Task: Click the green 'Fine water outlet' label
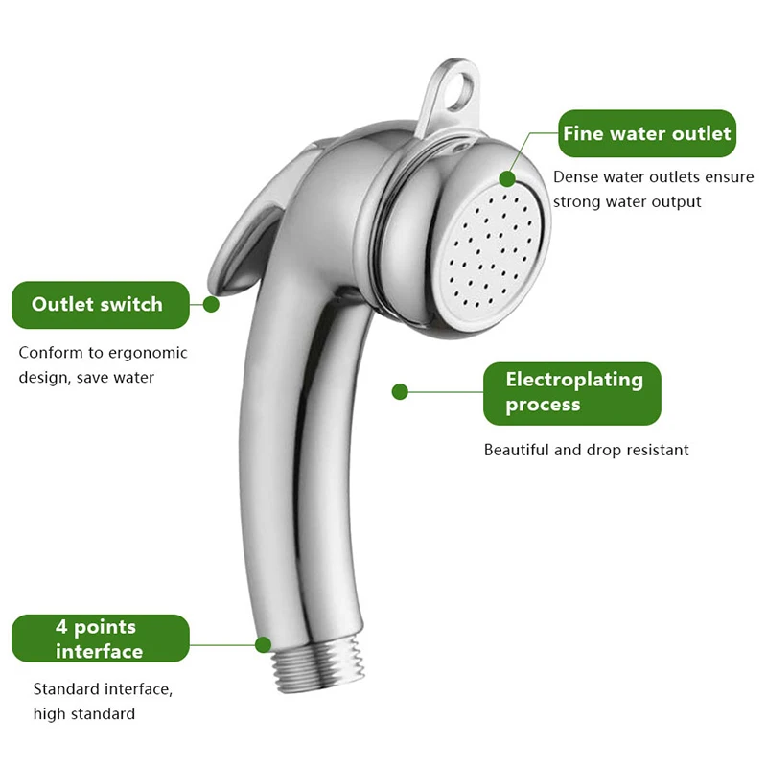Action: pyautogui.click(x=647, y=133)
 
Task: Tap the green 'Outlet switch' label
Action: pyautogui.click(x=98, y=305)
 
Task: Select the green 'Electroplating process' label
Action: pyautogui.click(x=573, y=392)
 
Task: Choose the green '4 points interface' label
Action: pyautogui.click(x=100, y=639)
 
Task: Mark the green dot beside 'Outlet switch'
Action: pyautogui.click(x=211, y=304)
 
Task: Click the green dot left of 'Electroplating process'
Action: pyautogui.click(x=401, y=391)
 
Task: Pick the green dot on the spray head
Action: pyautogui.click(x=507, y=178)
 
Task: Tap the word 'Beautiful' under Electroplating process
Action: pyautogui.click(x=517, y=450)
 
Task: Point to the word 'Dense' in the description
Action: pyautogui.click(x=574, y=177)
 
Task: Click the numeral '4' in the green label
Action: pyautogui.click(x=61, y=627)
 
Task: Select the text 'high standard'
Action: pyautogui.click(x=84, y=713)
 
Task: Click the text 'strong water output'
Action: pyautogui.click(x=627, y=201)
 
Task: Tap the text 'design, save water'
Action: pyautogui.click(x=86, y=377)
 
